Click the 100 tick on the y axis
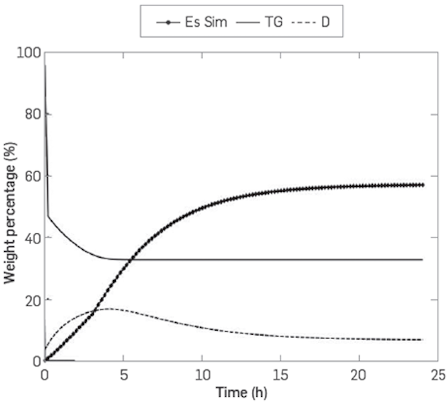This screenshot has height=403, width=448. point(29,52)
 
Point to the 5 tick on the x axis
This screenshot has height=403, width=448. point(123,373)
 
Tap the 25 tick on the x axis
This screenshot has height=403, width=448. point(436,373)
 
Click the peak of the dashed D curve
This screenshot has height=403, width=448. point(108,308)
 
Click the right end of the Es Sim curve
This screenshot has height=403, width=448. point(422,185)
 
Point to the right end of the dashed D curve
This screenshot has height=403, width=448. point(422,340)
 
